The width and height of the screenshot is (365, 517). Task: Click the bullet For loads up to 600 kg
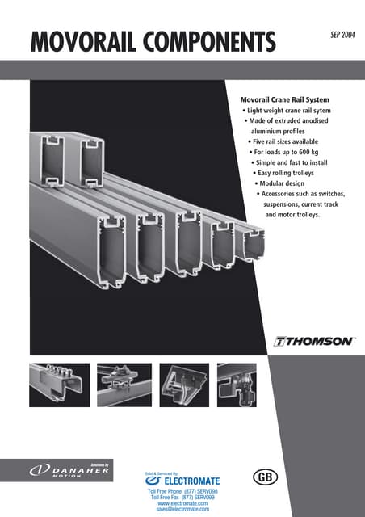click(292, 152)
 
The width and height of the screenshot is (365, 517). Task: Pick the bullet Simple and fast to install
click(296, 162)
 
